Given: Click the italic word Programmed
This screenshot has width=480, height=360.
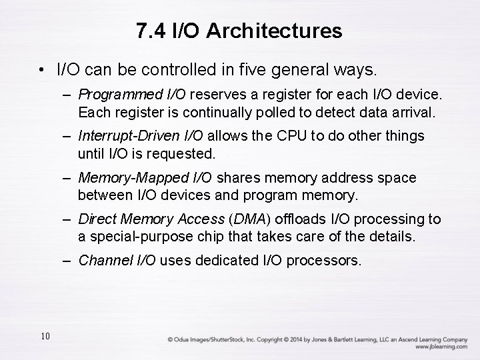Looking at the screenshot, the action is (x=117, y=95).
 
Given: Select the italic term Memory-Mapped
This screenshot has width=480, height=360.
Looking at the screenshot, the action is (x=125, y=178).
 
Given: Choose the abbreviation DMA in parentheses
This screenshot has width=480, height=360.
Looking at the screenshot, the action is (x=250, y=219).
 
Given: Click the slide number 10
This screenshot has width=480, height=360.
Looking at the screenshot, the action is (x=45, y=336).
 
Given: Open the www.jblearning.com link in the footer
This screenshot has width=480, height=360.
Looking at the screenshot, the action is (x=441, y=347).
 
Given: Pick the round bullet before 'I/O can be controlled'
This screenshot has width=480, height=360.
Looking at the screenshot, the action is (x=41, y=69).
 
